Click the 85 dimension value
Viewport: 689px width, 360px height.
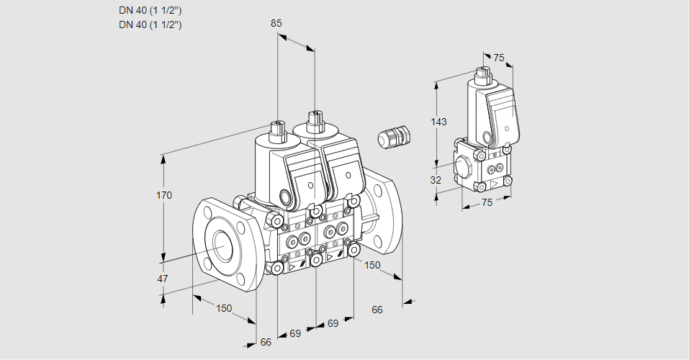coord(276,23)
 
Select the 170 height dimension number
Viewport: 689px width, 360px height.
coord(165,195)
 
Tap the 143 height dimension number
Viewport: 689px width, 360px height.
coord(438,122)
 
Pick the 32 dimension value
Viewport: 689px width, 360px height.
coord(436,180)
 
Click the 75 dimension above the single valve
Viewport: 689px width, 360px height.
coord(499,58)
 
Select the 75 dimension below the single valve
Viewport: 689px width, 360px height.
coord(487,203)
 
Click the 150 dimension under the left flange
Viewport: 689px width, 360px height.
coord(225,308)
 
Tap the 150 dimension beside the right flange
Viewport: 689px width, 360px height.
coord(371,265)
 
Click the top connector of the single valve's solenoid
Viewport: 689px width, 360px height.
coord(482,75)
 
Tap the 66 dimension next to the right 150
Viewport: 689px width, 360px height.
coord(377,310)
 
